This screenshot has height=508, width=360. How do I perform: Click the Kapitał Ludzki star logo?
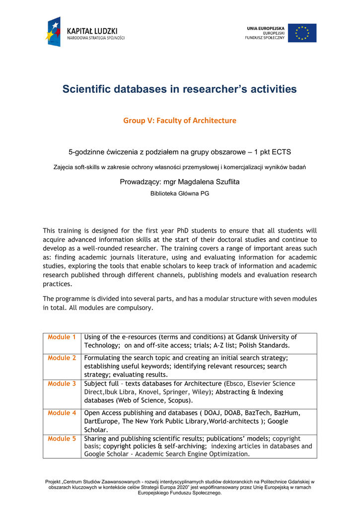point(54,32)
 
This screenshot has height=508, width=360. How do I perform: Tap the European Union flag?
point(302,33)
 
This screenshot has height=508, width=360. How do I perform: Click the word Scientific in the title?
point(86,89)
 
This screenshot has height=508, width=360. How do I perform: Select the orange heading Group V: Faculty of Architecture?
point(180,121)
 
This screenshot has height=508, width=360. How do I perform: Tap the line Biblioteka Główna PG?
point(180,193)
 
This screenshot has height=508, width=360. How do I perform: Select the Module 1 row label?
point(62,337)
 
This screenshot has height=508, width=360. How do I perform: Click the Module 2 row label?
point(62,358)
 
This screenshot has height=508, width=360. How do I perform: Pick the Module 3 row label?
point(62,383)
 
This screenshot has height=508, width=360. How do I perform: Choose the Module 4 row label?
point(62,413)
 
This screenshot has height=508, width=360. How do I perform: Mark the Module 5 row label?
point(62,439)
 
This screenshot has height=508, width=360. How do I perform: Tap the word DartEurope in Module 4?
point(101,421)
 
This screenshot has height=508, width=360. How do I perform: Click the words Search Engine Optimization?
point(209,454)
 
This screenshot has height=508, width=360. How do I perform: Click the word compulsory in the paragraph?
point(135,308)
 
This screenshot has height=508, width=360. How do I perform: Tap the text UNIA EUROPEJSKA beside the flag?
point(266,28)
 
